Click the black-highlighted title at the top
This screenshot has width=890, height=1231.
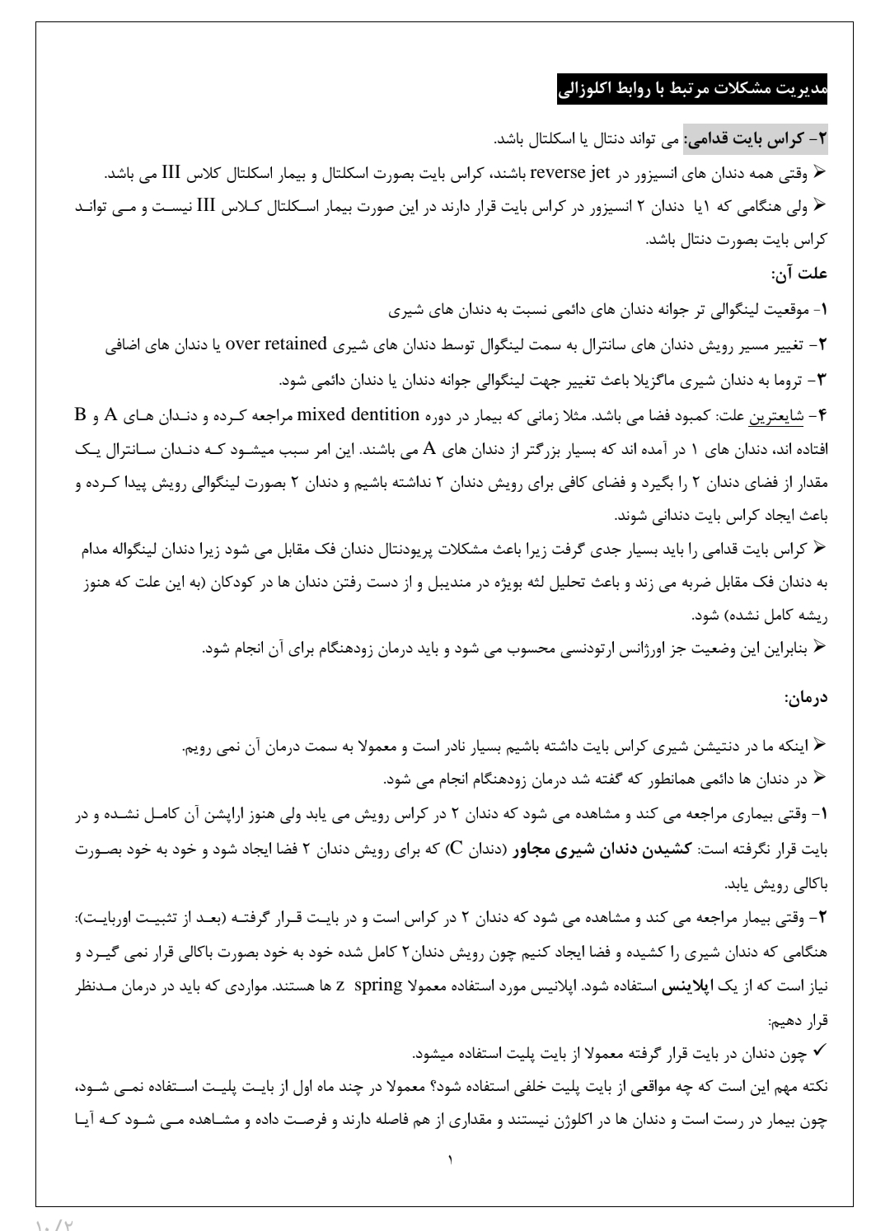pyautogui.click(x=692, y=90)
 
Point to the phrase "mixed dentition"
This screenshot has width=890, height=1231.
pyautogui.click(x=358, y=413)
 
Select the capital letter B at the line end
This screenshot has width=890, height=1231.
pyautogui.click(x=80, y=413)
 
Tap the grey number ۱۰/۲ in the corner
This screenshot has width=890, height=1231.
pyautogui.click(x=56, y=1223)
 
